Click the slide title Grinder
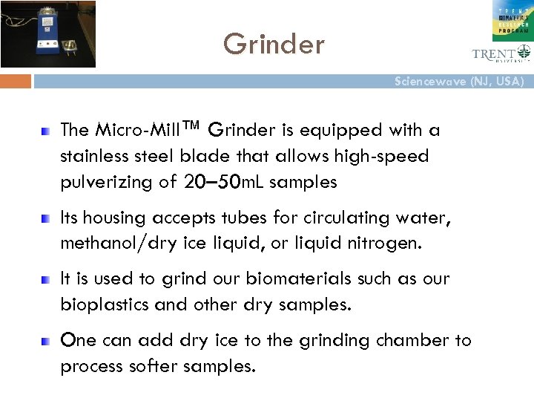click(x=274, y=45)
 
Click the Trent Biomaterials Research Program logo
click(x=512, y=20)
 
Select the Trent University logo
click(x=501, y=53)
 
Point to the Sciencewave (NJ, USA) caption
click(x=459, y=81)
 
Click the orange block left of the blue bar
click(x=16, y=81)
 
